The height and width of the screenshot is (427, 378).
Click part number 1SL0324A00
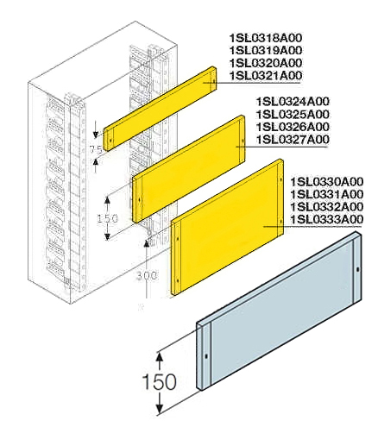click(x=293, y=102)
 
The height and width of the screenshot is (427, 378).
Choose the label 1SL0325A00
click(x=293, y=115)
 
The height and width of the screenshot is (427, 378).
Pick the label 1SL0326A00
click(x=293, y=128)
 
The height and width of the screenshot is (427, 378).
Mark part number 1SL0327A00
click(x=293, y=141)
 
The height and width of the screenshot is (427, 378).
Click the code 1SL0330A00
click(x=327, y=181)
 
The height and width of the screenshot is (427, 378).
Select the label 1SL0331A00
click(x=327, y=194)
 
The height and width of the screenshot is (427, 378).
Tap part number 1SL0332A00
click(x=327, y=207)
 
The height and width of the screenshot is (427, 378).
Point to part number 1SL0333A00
click(x=327, y=220)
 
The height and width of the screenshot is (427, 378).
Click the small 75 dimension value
click(x=98, y=150)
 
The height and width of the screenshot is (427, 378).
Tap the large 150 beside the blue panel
click(x=161, y=381)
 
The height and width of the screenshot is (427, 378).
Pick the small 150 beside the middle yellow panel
click(x=106, y=219)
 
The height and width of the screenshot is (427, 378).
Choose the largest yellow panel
click(x=229, y=228)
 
